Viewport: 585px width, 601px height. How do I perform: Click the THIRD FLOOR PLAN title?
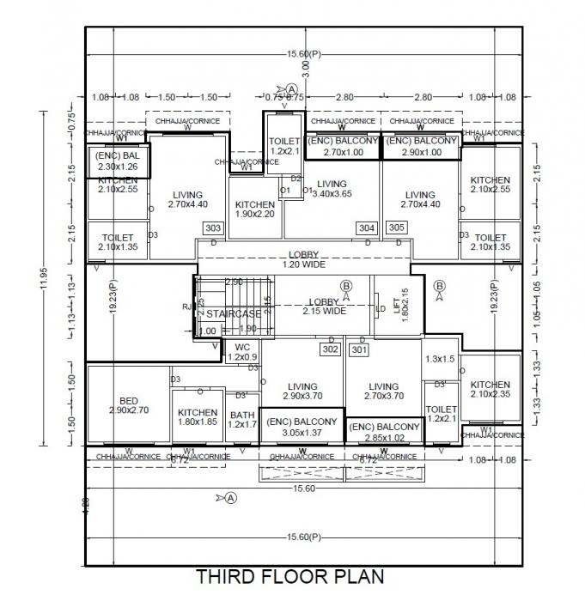[x=290, y=575]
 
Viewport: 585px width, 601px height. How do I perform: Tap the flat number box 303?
[x=213, y=228]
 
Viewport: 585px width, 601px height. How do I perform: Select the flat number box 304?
[x=367, y=228]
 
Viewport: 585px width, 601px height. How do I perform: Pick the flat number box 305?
[x=397, y=228]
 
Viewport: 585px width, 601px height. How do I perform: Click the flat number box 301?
[x=359, y=349]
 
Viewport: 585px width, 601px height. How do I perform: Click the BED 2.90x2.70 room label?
[x=130, y=405]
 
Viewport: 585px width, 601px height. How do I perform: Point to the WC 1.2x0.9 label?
[x=241, y=352]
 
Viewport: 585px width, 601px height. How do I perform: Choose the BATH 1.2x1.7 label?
[x=242, y=418]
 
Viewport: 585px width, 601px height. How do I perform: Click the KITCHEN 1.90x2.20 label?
[x=255, y=209]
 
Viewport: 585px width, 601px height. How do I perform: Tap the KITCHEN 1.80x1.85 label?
[x=198, y=417]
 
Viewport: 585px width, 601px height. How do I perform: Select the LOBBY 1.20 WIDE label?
[x=304, y=259]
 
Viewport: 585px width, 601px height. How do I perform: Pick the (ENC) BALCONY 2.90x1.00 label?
[x=420, y=146]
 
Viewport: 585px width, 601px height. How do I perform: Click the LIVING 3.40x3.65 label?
[x=331, y=189]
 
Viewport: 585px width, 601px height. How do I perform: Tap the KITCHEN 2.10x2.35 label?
[x=490, y=390]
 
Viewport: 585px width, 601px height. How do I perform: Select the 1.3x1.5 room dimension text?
[x=441, y=359]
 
